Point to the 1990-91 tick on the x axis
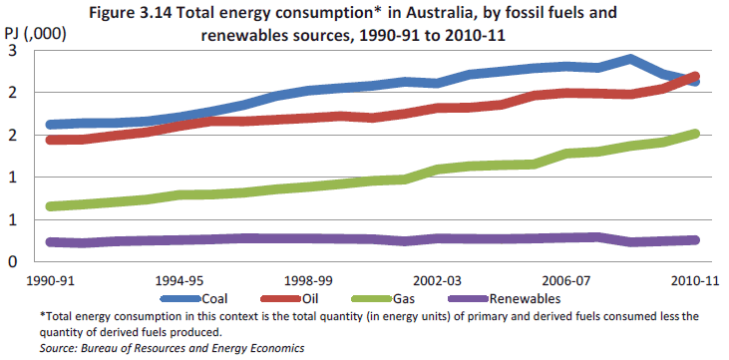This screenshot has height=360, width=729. [x=51, y=281]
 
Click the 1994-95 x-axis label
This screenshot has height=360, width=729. [x=180, y=281]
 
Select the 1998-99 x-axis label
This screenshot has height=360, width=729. [x=308, y=281]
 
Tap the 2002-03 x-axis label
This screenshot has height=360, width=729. [x=437, y=281]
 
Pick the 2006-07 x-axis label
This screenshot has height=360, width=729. [x=565, y=281]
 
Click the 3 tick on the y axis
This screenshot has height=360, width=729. [x=12, y=50]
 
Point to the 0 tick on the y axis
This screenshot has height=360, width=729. [x=12, y=261]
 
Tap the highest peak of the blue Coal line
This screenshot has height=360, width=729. [x=630, y=59]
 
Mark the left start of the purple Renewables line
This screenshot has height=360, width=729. [x=51, y=241]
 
